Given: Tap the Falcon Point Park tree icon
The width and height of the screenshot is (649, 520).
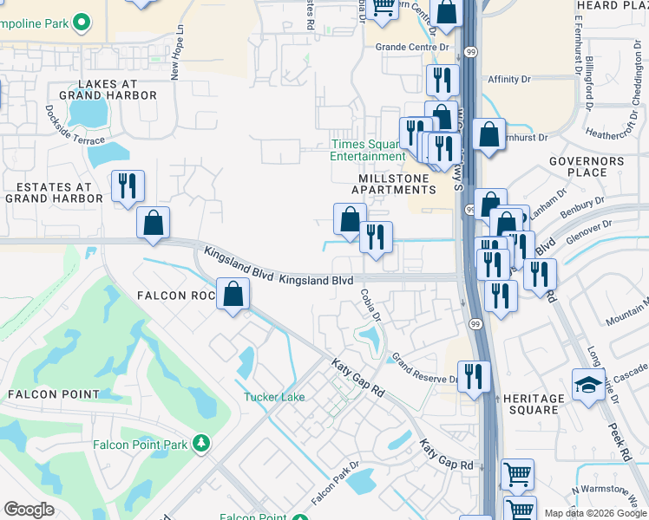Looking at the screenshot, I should click(x=201, y=444).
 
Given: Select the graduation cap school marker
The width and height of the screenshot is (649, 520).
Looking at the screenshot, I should click(x=588, y=383).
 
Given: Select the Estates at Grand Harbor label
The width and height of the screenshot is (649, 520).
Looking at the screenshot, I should click(x=49, y=192).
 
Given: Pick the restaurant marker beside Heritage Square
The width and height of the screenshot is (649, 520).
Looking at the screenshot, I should click(x=474, y=375).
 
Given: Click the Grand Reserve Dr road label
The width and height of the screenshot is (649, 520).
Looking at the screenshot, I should click(x=424, y=369).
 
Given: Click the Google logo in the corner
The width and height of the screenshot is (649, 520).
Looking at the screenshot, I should click(x=29, y=510).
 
